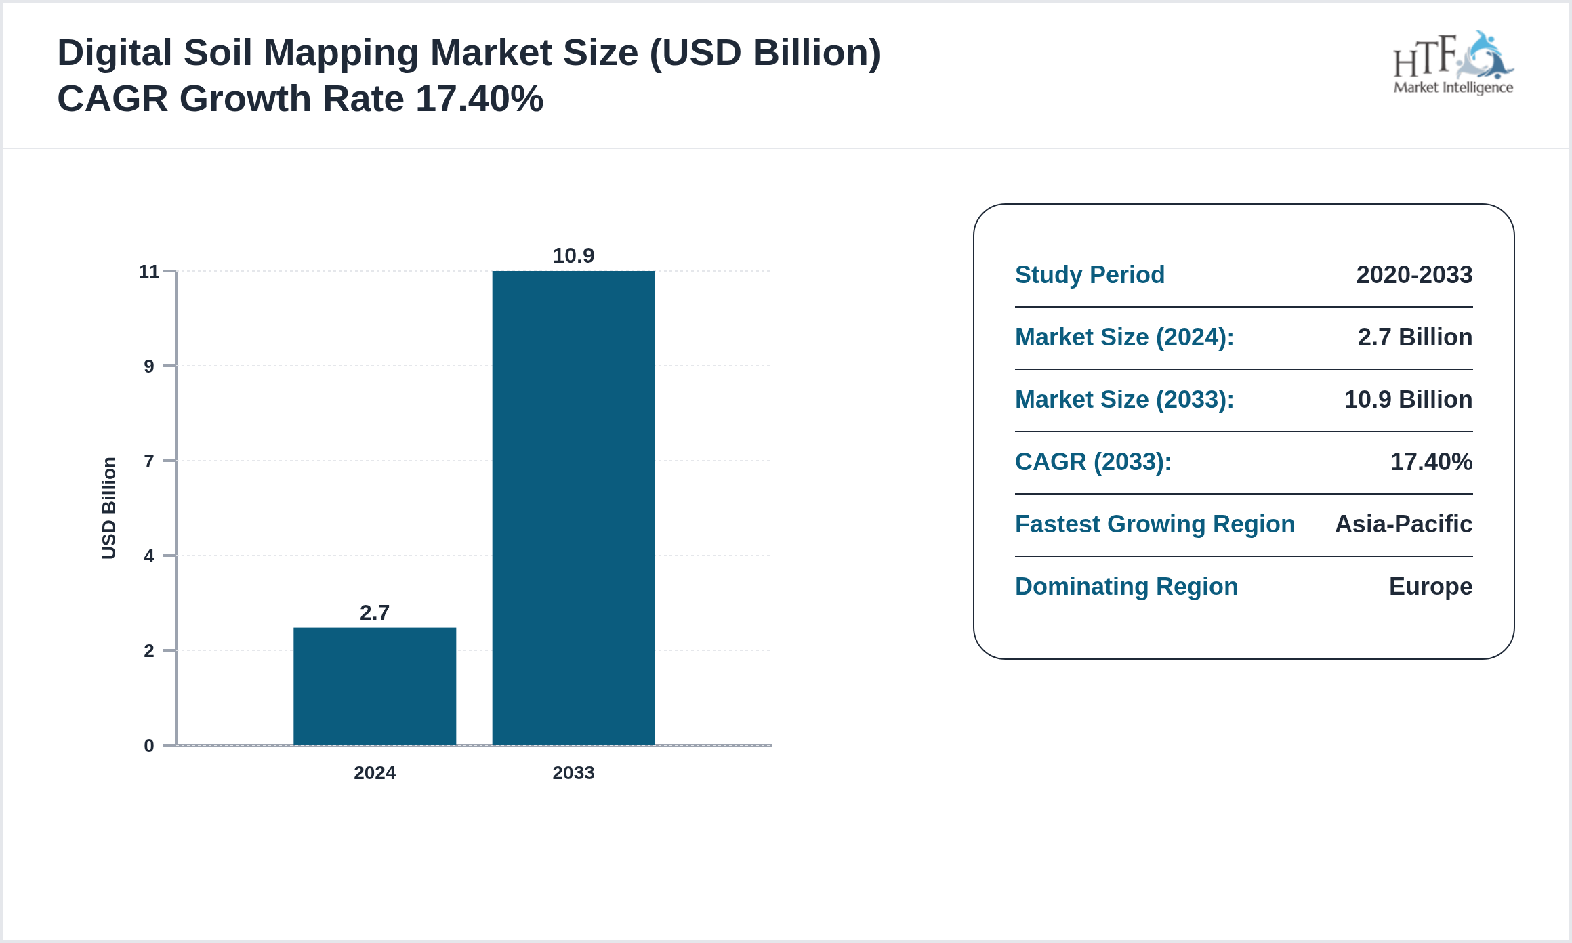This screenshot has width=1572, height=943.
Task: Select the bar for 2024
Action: [x=375, y=686]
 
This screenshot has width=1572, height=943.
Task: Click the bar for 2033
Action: [x=573, y=508]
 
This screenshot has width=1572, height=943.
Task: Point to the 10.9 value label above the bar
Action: [x=573, y=255]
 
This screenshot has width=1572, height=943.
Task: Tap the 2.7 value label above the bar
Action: [x=375, y=612]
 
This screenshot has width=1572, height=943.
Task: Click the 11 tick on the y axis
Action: [x=149, y=272]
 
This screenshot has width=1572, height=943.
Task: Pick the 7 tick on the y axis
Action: [x=149, y=461]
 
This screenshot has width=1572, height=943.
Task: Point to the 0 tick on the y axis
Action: [x=149, y=746]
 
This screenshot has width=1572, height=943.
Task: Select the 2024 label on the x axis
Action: [x=375, y=772]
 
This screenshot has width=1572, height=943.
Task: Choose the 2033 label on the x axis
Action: [x=573, y=772]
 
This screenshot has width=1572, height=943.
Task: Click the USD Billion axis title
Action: [x=108, y=508]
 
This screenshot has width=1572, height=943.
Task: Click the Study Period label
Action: [x=1090, y=275]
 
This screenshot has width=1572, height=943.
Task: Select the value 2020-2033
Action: [x=1414, y=275]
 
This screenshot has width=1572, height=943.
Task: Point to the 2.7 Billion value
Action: [x=1415, y=337]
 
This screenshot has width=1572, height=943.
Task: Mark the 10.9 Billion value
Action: [x=1408, y=400]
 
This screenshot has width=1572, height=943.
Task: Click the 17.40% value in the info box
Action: [x=1431, y=462]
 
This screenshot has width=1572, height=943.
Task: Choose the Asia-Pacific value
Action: [x=1403, y=524]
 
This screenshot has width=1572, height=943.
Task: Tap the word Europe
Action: [x=1430, y=587]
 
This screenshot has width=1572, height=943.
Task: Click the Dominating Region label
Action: [x=1126, y=587]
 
